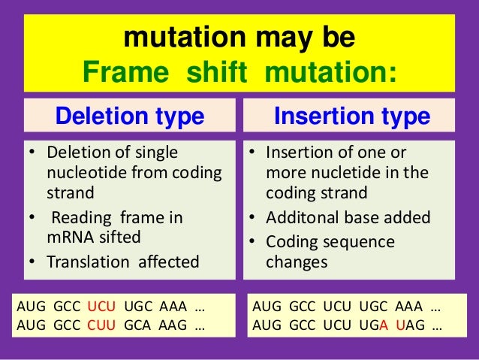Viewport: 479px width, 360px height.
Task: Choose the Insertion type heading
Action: pyautogui.click(x=351, y=116)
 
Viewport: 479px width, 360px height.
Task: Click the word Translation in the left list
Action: pyautogui.click(x=90, y=262)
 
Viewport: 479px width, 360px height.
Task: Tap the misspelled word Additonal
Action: pyautogui.click(x=300, y=218)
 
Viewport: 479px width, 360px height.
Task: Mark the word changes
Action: pyautogui.click(x=297, y=262)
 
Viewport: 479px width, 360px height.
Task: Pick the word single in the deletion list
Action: pyautogui.click(x=155, y=153)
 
